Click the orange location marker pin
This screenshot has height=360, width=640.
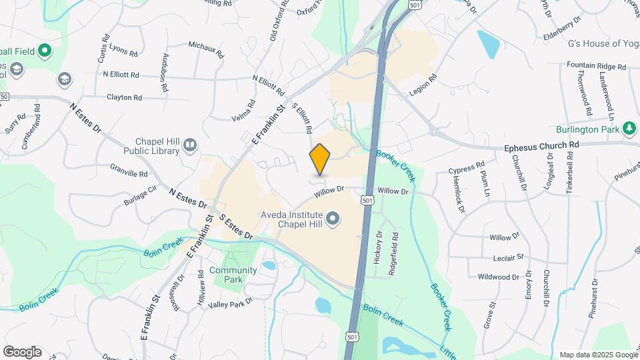click(x=320, y=159)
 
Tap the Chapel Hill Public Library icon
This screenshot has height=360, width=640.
click(x=190, y=145)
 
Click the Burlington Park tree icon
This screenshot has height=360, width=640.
click(x=629, y=128)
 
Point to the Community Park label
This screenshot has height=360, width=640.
click(x=233, y=275)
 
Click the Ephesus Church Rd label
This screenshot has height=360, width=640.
click(x=541, y=145)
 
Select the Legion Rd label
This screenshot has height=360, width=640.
click(x=423, y=86)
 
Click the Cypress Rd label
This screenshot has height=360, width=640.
click(x=467, y=166)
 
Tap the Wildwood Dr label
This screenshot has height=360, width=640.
click(x=499, y=276)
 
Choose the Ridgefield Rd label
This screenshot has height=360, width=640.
click(x=395, y=245)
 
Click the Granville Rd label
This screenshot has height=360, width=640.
click(x=129, y=173)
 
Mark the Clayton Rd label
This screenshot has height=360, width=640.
click(x=124, y=97)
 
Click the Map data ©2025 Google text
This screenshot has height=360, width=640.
click(x=599, y=354)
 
